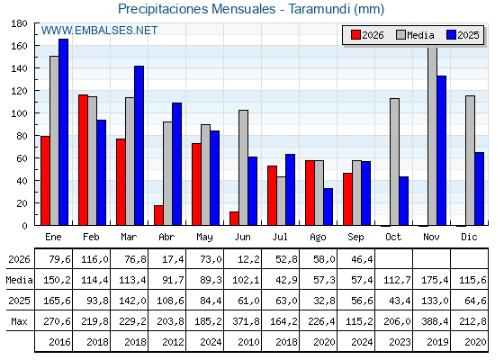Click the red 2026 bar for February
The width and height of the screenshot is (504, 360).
[83, 160]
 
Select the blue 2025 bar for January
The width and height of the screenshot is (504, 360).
[63, 132]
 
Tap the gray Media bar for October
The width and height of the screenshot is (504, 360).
[394, 162]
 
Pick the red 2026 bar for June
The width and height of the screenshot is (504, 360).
[234, 219]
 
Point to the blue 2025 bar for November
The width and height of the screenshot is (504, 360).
[441, 151]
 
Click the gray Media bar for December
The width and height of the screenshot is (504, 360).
[470, 161]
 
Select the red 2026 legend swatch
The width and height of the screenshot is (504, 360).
[355, 35]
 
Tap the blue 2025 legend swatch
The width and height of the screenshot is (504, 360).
[451, 35]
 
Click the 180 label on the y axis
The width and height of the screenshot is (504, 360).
[19, 23]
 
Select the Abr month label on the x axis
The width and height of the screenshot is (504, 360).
[166, 238]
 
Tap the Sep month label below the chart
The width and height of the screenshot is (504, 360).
[355, 238]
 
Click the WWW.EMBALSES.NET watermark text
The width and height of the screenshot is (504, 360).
[99, 31]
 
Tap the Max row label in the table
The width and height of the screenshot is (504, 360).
[19, 321]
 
